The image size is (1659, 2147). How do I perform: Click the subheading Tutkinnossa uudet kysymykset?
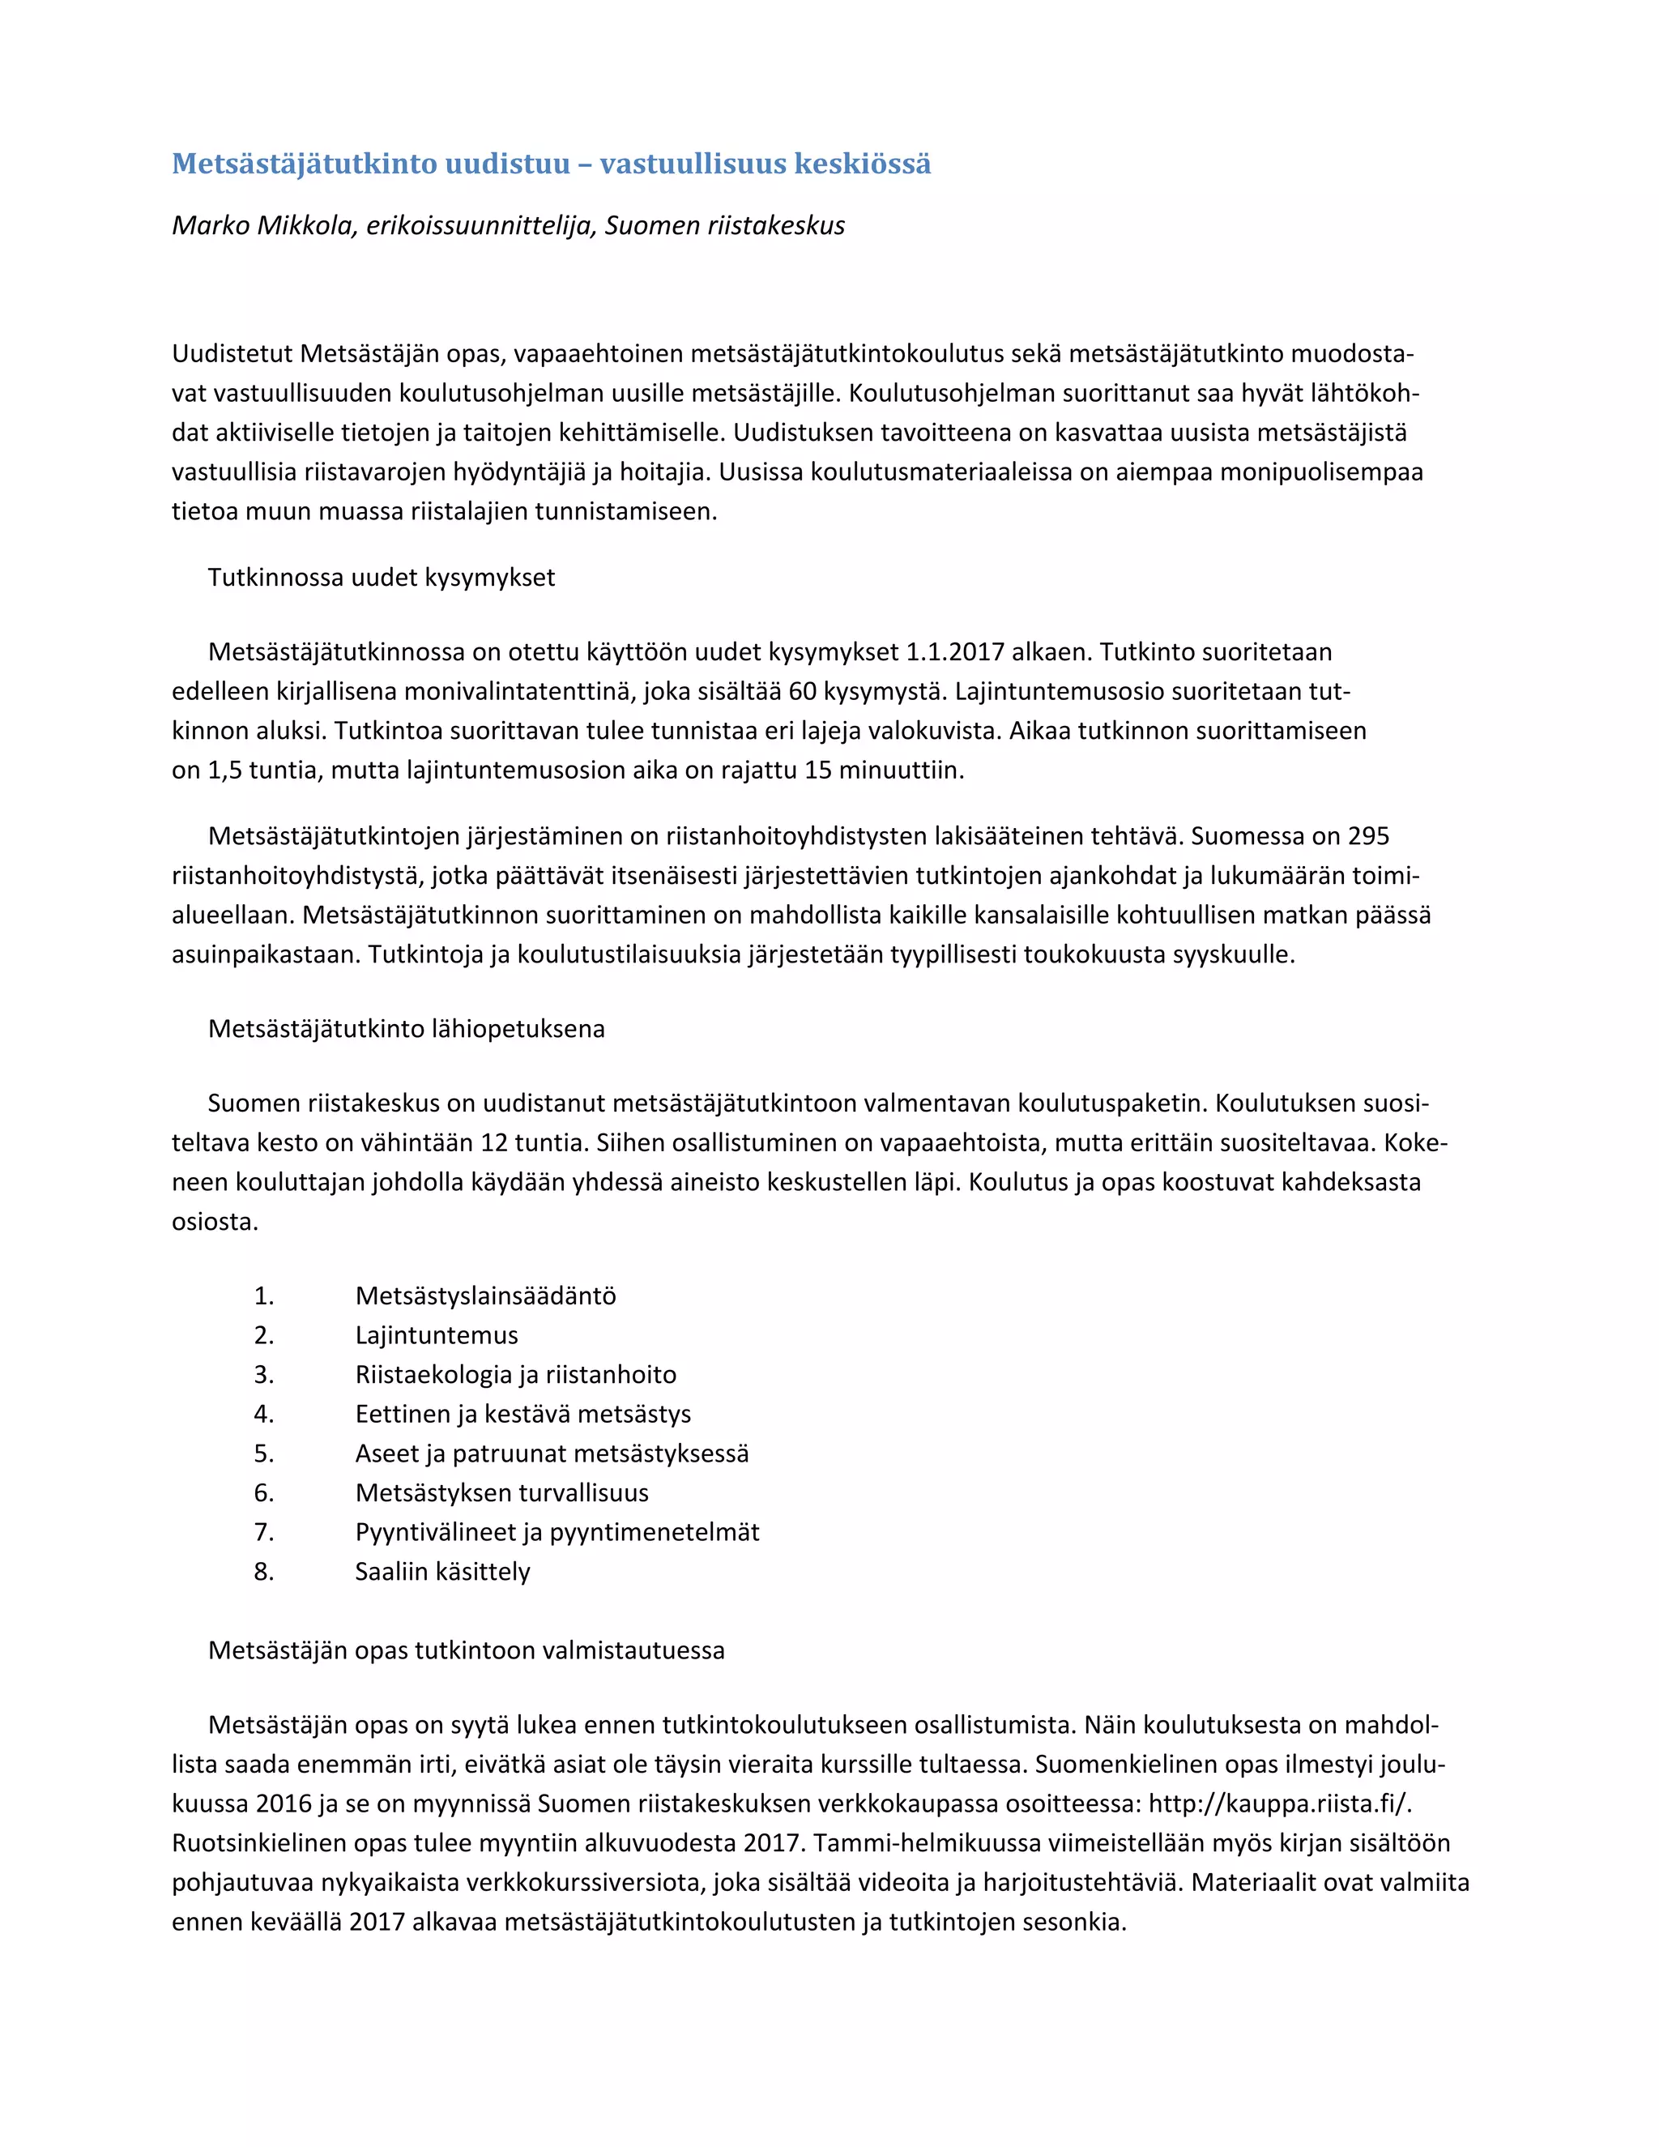click(382, 577)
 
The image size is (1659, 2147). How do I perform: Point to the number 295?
click(1368, 837)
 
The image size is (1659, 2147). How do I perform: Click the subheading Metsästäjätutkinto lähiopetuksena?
click(406, 1029)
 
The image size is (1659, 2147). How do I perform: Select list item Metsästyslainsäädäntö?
click(485, 1295)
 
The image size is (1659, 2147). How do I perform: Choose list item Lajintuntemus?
click(437, 1335)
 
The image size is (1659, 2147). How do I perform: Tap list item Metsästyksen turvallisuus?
click(502, 1492)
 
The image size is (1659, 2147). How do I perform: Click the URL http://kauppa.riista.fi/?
click(1278, 1804)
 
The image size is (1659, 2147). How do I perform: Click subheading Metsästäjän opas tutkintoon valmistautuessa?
click(466, 1650)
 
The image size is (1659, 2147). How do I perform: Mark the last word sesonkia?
click(1078, 1922)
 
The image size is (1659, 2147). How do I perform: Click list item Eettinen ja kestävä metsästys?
click(522, 1414)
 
